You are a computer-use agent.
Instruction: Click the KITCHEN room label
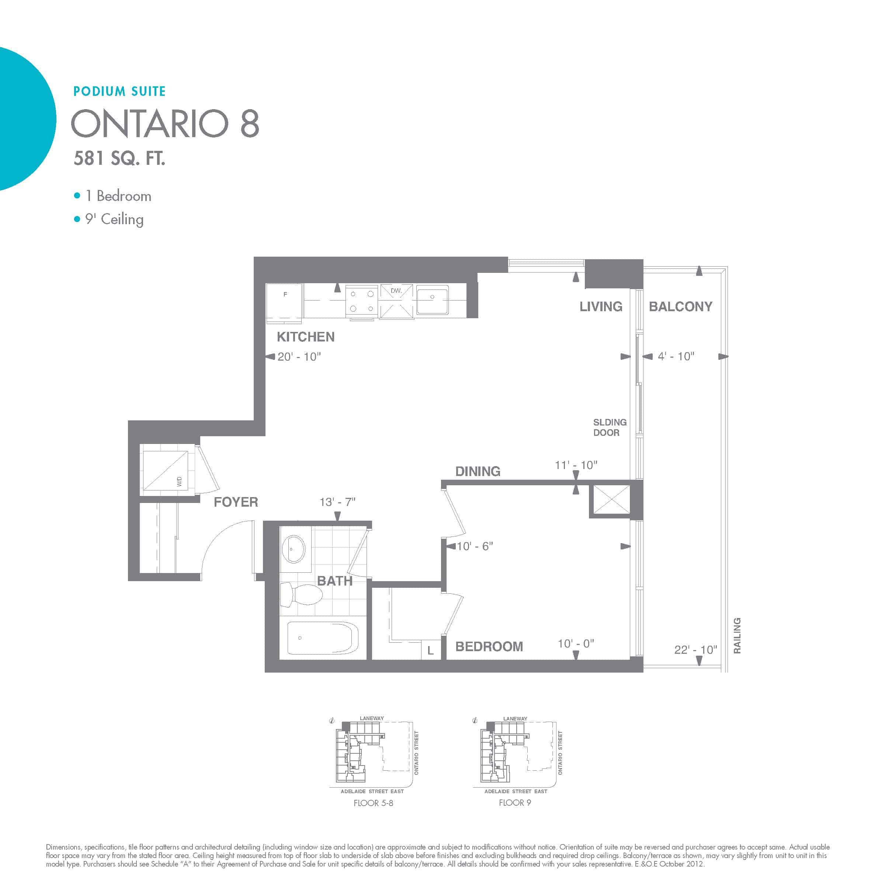[306, 337]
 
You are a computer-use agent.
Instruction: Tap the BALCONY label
[680, 306]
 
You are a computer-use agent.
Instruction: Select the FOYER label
[236, 502]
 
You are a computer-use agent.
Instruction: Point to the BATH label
[335, 581]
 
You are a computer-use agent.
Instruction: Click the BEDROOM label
[489, 646]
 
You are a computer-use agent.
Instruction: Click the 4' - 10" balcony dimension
[676, 356]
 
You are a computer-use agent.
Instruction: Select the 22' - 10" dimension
[696, 649]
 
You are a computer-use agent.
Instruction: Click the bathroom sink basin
[294, 549]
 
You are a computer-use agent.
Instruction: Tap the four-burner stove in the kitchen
[361, 301]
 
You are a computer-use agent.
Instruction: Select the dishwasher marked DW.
[396, 301]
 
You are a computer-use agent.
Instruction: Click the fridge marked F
[284, 301]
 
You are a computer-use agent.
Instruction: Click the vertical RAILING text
[737, 635]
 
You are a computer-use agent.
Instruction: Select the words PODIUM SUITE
[119, 91]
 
